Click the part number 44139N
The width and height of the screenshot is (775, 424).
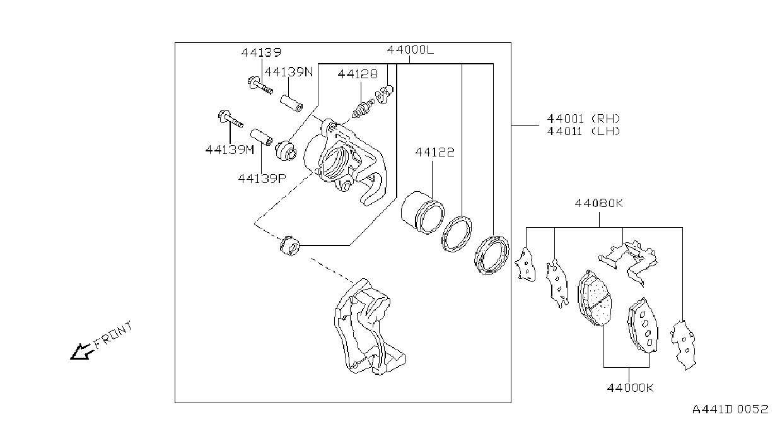[x=289, y=72]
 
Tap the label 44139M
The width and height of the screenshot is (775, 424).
[x=230, y=150]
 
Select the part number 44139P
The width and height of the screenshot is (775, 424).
[x=262, y=179]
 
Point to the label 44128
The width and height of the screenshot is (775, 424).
[x=358, y=74]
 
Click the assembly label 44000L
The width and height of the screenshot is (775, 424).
[x=410, y=50]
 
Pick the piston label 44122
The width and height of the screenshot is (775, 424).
[x=434, y=152]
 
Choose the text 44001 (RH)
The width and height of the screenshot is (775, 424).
[x=584, y=119]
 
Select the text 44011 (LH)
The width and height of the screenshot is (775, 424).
[x=584, y=131]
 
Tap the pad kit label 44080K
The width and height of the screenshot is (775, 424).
[x=598, y=203]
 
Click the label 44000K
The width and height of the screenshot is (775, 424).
[x=631, y=387]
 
